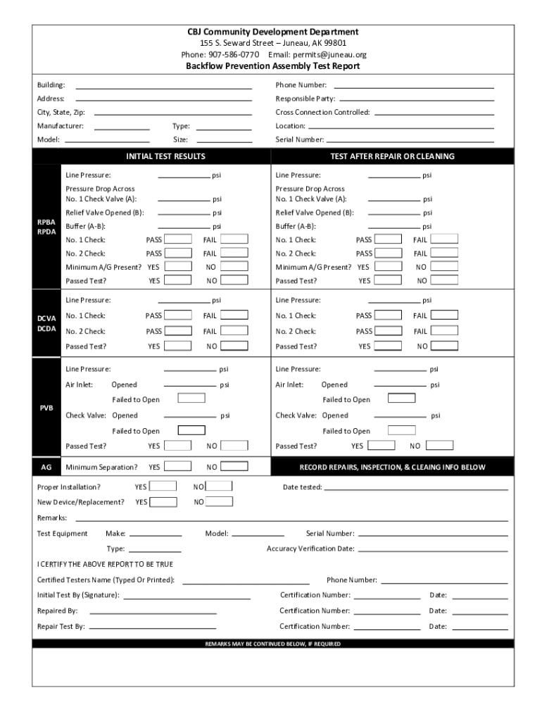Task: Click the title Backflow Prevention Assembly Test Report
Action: [272, 66]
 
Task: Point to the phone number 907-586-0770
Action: [234, 54]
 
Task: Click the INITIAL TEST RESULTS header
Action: [165, 156]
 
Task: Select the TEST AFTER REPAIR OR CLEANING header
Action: [393, 156]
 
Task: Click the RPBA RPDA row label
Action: [46, 227]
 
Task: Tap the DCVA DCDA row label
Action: [46, 324]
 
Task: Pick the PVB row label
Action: [46, 408]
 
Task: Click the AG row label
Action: [46, 467]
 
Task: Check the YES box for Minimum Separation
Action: [177, 466]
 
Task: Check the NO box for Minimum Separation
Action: [234, 466]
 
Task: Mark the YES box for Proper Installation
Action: [163, 486]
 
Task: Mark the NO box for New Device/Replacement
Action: [219, 501]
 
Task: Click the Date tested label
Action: [302, 487]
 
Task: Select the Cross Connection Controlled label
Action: [322, 113]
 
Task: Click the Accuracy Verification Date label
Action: [310, 548]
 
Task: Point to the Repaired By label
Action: [57, 610]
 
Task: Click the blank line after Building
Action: [163, 85]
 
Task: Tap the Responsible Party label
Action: [305, 99]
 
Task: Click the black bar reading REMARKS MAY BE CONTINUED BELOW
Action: [272, 644]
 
